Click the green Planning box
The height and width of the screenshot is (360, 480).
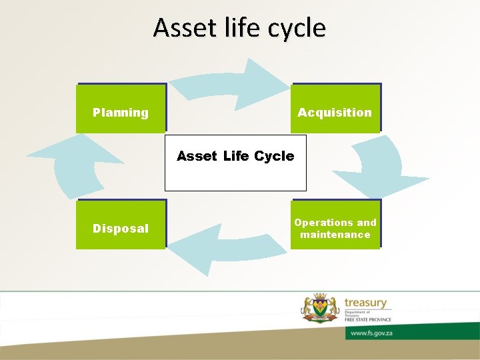click(x=121, y=108)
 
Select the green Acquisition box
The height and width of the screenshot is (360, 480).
click(x=335, y=108)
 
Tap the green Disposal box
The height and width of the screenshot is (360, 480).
click(x=121, y=225)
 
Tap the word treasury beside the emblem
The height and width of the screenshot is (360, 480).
click(x=365, y=303)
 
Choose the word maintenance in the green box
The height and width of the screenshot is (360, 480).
click(x=335, y=235)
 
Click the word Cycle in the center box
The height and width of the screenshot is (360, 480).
click(x=273, y=156)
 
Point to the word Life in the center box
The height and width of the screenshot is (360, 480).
click(x=236, y=156)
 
